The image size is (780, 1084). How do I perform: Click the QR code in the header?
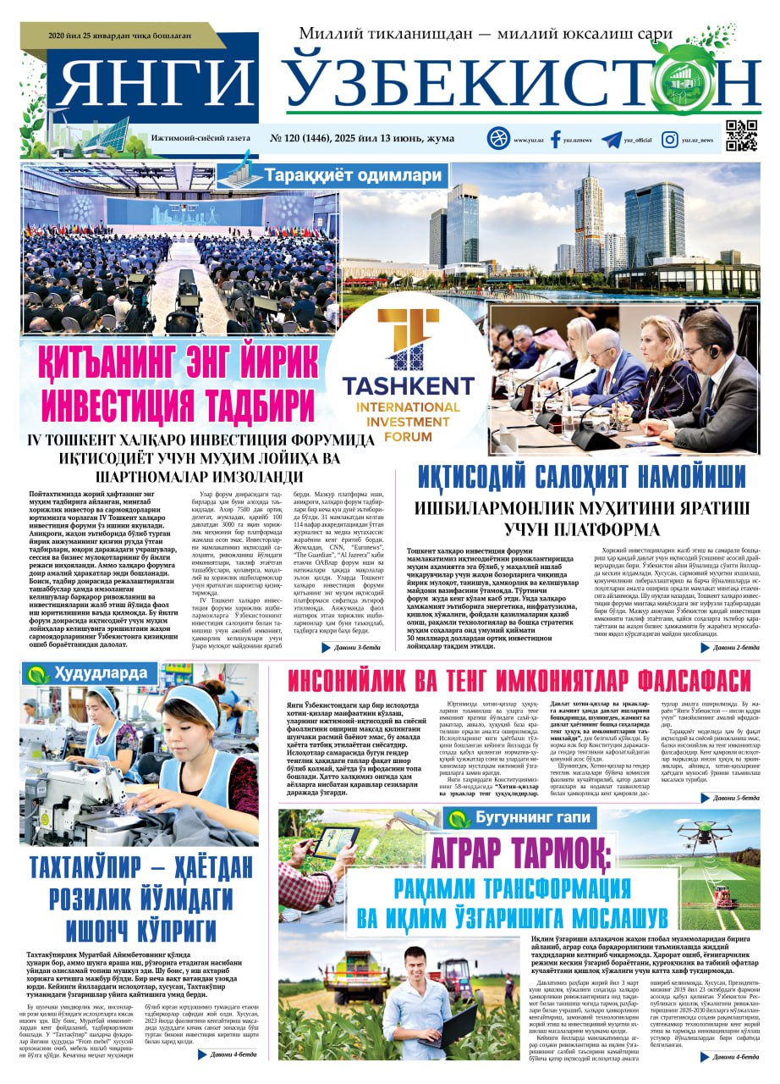(741, 136)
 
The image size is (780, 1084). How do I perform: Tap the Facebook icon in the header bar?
(556, 139)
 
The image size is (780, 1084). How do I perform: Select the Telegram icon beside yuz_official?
(610, 139)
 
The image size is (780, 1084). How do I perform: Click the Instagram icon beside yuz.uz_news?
(669, 139)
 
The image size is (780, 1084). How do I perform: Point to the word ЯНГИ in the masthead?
(157, 86)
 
